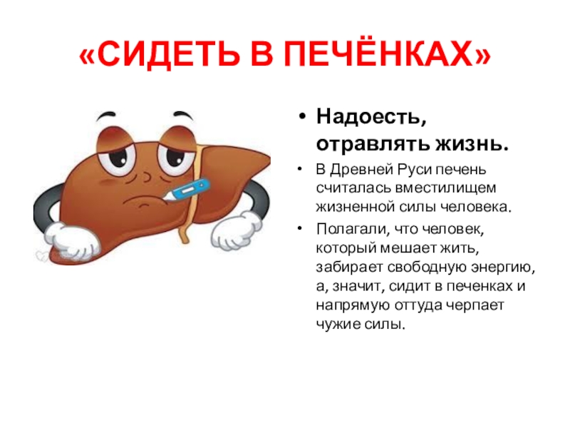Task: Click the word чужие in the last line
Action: point(338,324)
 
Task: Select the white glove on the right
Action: point(237,230)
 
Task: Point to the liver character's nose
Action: point(146,176)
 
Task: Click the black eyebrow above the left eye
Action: point(106,116)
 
